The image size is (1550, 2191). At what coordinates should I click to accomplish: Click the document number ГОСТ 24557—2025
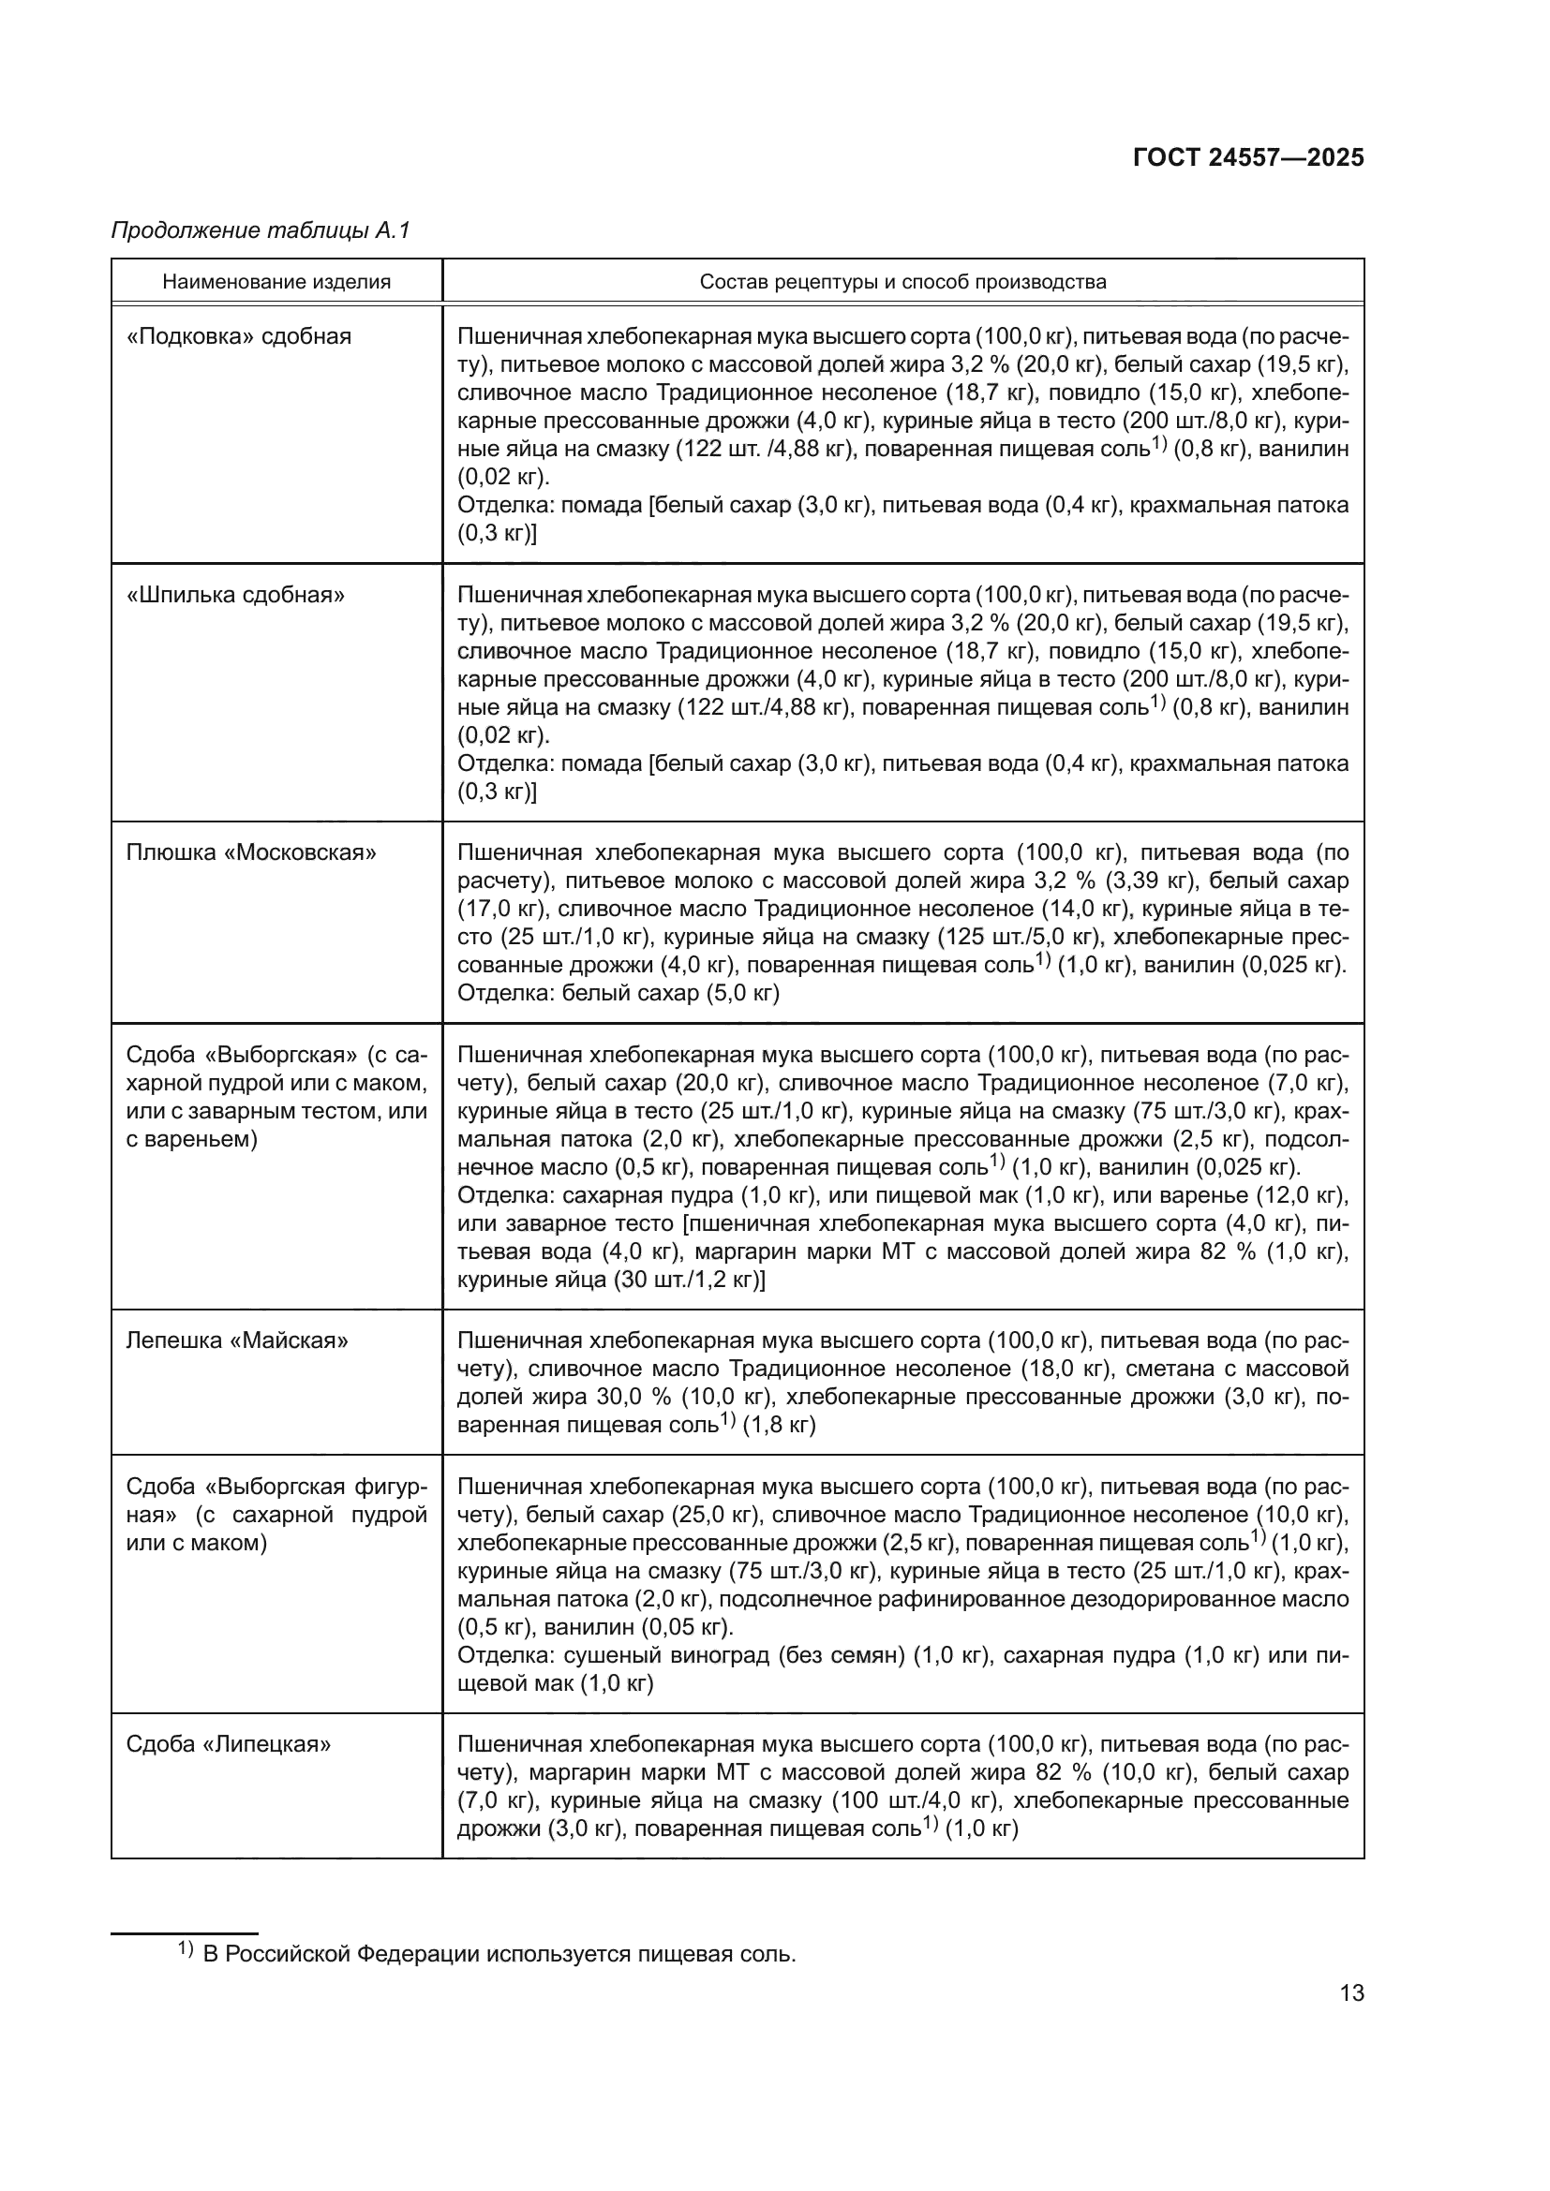(x=1248, y=158)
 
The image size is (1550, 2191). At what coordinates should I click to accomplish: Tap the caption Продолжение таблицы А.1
(x=260, y=230)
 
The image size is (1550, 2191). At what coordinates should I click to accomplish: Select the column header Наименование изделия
(x=276, y=282)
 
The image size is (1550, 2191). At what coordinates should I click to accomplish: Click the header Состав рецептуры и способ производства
(x=902, y=282)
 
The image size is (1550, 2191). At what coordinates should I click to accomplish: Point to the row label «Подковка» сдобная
(x=239, y=336)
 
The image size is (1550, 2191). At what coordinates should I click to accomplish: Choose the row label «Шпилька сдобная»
(x=235, y=595)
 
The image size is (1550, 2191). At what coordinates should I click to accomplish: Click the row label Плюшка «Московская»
(x=251, y=852)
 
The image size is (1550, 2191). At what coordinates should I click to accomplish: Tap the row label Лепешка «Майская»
(x=237, y=1340)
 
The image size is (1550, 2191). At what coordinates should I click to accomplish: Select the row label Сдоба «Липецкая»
(x=229, y=1743)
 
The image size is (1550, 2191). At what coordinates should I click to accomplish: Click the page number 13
(x=1351, y=1992)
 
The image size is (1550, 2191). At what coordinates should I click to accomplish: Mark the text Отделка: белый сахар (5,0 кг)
(x=619, y=993)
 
